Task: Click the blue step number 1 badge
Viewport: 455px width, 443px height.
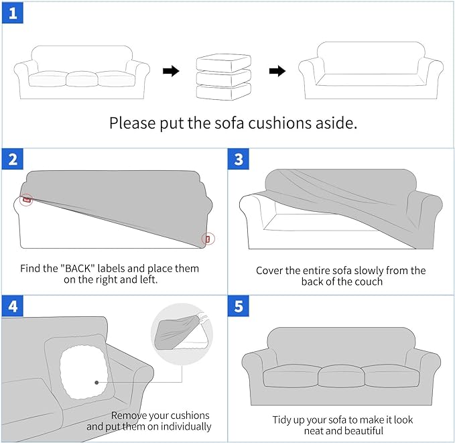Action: (12, 13)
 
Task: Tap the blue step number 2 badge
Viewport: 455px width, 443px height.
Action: (12, 160)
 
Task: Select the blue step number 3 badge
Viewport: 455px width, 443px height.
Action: (239, 160)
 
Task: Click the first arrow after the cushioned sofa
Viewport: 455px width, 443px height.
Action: (171, 71)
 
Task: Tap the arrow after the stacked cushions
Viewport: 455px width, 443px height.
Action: (277, 71)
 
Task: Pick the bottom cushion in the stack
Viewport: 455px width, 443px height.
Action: (223, 91)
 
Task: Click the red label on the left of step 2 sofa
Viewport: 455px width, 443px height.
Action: (26, 199)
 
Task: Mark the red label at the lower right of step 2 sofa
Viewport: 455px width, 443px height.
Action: (208, 239)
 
